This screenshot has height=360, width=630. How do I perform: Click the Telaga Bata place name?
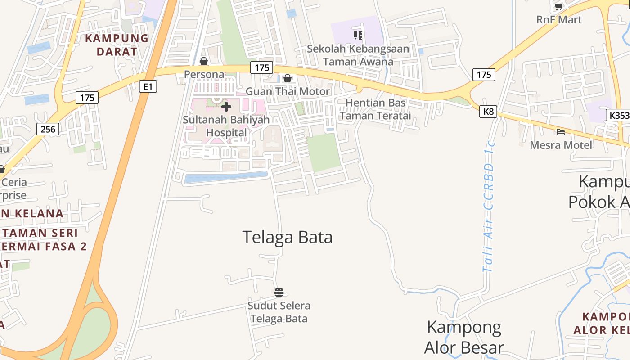pyautogui.click(x=288, y=237)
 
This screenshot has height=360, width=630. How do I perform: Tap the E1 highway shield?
pyautogui.click(x=148, y=86)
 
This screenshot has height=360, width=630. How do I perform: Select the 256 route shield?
pyautogui.click(x=48, y=130)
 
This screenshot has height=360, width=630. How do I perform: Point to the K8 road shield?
pyautogui.click(x=488, y=112)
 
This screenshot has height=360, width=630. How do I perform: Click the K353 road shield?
pyautogui.click(x=619, y=115)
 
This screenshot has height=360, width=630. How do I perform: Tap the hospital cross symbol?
pyautogui.click(x=226, y=107)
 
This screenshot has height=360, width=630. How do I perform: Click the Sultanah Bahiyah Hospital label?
pyautogui.click(x=226, y=126)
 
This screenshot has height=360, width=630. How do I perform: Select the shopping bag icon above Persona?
pyautogui.click(x=204, y=61)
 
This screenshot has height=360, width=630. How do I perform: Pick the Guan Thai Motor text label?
pyautogui.click(x=288, y=91)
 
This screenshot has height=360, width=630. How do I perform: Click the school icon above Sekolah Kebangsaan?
pyautogui.click(x=358, y=35)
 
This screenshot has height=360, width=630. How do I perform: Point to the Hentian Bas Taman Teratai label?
pyautogui.click(x=375, y=109)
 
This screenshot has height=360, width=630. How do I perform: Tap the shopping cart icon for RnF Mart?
pyautogui.click(x=559, y=7)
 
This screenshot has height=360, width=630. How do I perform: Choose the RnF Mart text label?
pyautogui.click(x=559, y=20)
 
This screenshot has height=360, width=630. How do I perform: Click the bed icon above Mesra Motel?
pyautogui.click(x=560, y=132)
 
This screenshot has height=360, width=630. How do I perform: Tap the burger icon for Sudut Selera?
pyautogui.click(x=279, y=292)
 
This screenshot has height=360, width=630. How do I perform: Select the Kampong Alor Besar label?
pyautogui.click(x=464, y=337)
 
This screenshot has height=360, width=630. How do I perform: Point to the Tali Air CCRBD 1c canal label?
pyautogui.click(x=489, y=207)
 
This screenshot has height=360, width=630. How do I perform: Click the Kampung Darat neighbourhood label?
pyautogui.click(x=117, y=45)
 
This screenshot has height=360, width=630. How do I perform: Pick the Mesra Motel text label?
pyautogui.click(x=561, y=145)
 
